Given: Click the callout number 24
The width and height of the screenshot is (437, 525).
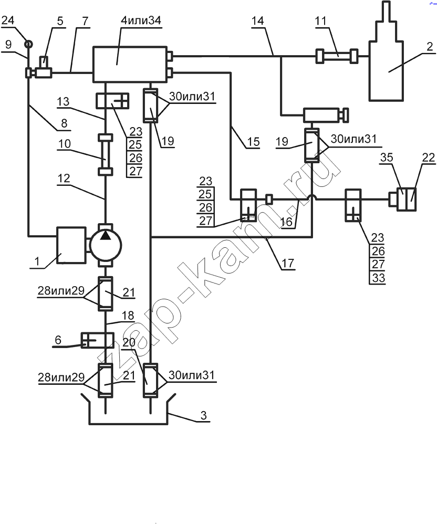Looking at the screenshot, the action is pos(8,20).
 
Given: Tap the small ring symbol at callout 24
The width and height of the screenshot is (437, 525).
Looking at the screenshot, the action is pos(29,44).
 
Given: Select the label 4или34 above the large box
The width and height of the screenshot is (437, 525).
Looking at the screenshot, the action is pos(141,20).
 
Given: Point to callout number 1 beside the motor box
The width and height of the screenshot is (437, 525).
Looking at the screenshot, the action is pos(37,260).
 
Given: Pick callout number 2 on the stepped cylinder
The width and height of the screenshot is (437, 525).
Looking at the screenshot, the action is pos(430,47).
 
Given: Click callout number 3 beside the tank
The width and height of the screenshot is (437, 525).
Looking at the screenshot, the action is pos(204,415).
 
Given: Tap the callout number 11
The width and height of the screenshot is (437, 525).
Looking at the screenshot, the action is pos(320,21).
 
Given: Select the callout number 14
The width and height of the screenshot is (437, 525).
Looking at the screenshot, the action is pos(257,21).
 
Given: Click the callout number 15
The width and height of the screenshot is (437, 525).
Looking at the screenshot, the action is pos(254,142).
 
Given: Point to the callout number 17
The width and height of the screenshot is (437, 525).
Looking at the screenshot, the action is pos(288,263).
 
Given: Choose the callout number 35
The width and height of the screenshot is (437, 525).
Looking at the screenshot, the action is pos(387,157).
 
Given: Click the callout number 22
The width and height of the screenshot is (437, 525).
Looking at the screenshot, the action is pos(428,157).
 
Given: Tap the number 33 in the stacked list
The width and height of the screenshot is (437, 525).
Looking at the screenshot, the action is pos(378,278).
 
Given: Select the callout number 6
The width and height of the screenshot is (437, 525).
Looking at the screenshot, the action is pos(58,340).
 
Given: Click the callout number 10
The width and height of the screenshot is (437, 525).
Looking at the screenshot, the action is pos(64,144).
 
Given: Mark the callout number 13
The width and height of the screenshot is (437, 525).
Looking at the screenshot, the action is pos(63,101).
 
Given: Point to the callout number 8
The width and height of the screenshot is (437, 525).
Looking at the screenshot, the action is pos(64,123).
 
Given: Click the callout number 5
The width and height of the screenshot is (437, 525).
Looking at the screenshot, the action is pos(60,21).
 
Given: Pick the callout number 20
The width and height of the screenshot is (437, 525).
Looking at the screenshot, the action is pos(129,342).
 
